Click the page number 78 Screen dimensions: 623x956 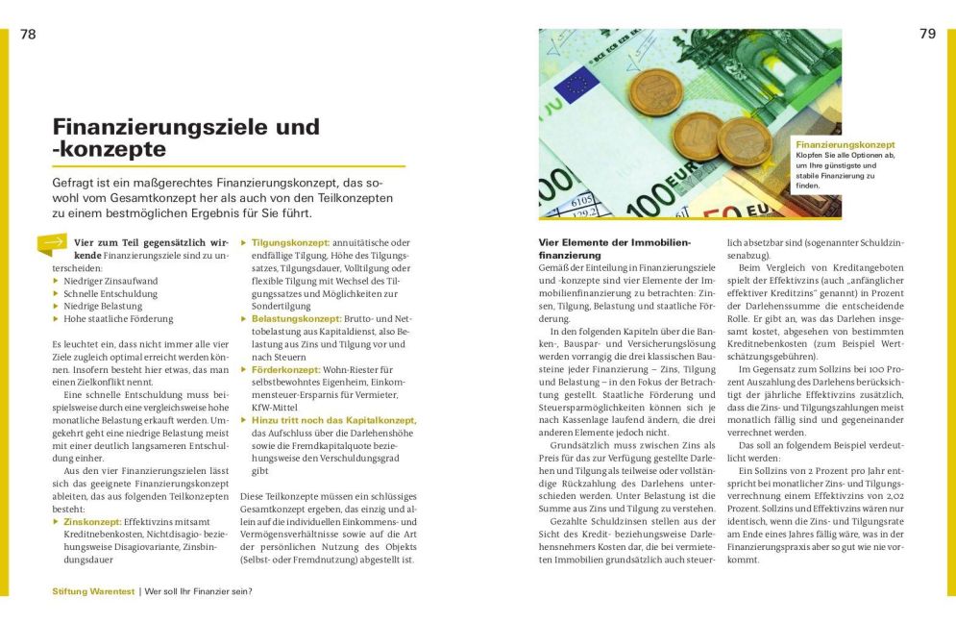coord(28,34)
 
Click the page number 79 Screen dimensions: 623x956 coord(926,34)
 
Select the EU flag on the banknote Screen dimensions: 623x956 coord(579,85)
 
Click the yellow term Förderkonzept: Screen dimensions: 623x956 coord(285,369)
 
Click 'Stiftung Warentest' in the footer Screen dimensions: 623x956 coord(93,591)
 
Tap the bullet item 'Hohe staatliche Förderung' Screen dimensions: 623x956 coord(118,318)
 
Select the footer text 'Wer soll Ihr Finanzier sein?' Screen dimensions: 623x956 coord(198,591)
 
